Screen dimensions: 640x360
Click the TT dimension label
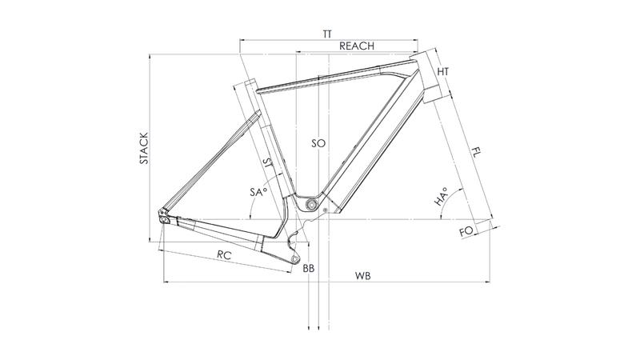pos(327,34)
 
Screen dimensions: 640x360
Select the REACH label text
pos(357,46)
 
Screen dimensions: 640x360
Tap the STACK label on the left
pos(144,148)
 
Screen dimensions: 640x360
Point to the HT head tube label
pos(443,72)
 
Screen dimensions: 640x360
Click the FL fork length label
pos(476,154)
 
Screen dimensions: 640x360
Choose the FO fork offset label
pos(466,231)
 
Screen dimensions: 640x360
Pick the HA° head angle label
pos(441,196)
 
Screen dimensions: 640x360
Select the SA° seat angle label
pos(258,191)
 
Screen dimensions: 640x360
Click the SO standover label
pos(318,143)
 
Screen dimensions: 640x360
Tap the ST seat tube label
pos(269,164)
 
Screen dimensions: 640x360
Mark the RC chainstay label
pos(224,255)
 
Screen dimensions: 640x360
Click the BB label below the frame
pos(309,269)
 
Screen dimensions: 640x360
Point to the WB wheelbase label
pos(362,276)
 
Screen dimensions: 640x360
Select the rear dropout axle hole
pos(164,220)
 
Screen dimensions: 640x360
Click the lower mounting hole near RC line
pos(294,258)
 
